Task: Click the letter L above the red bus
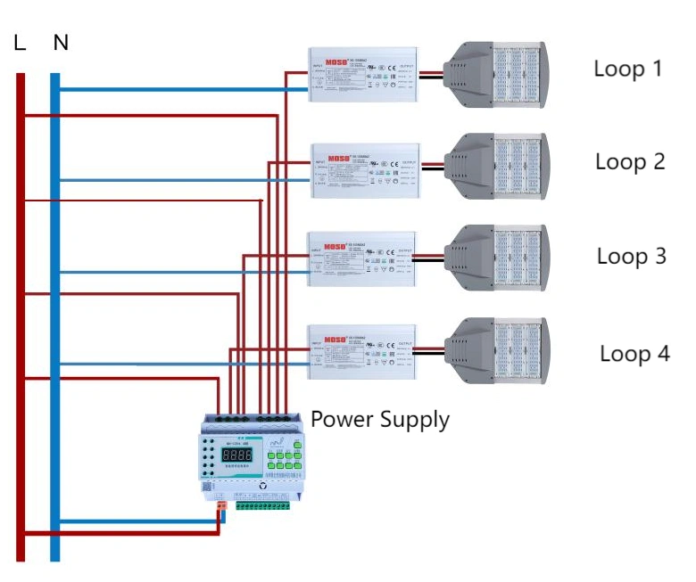point(20,42)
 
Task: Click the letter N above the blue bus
point(61,42)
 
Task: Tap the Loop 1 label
point(628,69)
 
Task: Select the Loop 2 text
point(630,162)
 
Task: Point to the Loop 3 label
point(631,257)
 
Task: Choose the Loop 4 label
point(634,354)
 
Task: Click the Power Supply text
point(379,419)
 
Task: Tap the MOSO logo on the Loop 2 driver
point(338,158)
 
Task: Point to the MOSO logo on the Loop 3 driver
point(335,247)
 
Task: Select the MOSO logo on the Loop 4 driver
point(335,340)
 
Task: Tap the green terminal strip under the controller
point(261,505)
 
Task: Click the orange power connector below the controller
point(220,506)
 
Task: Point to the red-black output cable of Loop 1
point(431,75)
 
